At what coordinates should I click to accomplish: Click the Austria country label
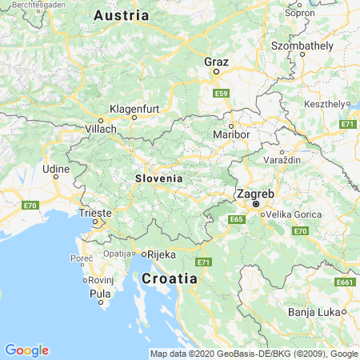point(121,15)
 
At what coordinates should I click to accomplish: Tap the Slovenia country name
point(158,178)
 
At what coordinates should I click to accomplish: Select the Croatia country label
point(169,278)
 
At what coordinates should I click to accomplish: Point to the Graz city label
point(216,62)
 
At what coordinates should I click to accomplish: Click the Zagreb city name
point(255,194)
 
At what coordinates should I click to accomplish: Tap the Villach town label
point(100,128)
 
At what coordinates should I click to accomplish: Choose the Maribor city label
point(233,135)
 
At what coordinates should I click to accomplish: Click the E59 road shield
point(222,94)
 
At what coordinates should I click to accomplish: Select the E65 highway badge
point(236,218)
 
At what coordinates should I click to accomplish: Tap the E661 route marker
point(346,282)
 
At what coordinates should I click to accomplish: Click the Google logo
point(26,350)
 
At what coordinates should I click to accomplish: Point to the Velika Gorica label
point(293,214)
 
